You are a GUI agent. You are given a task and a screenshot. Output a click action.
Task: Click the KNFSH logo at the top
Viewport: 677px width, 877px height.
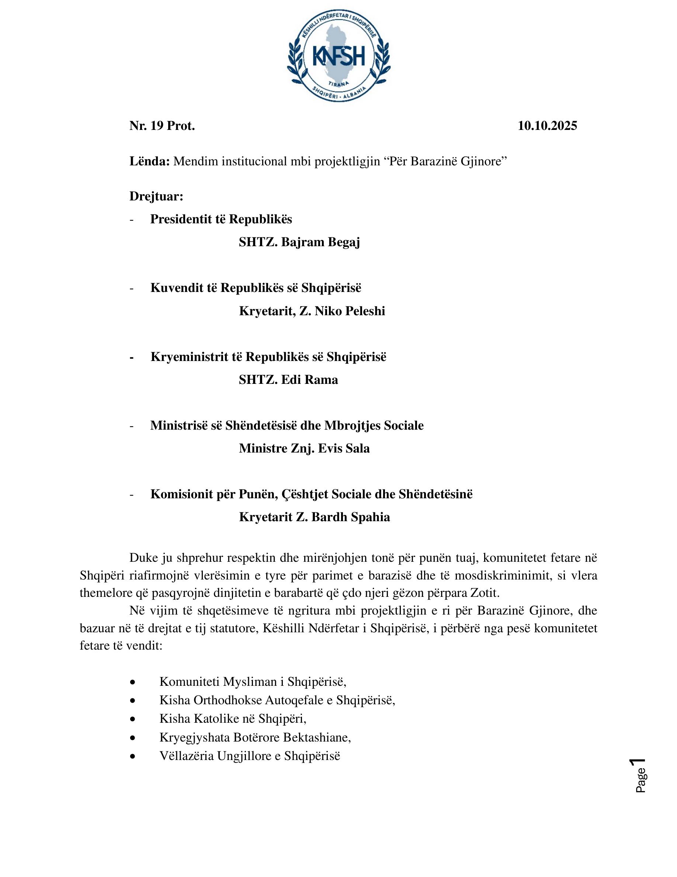click(x=339, y=56)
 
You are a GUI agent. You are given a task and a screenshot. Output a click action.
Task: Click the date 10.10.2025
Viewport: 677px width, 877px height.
click(x=547, y=126)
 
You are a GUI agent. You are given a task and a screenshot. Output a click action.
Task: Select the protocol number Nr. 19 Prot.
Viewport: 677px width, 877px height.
click(x=162, y=126)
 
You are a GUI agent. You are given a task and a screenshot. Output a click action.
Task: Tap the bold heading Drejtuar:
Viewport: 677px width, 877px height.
click(x=156, y=196)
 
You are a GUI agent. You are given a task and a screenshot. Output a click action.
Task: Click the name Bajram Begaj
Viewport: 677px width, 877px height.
click(x=320, y=242)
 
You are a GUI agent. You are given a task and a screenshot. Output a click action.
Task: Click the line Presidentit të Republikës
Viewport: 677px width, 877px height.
click(x=221, y=219)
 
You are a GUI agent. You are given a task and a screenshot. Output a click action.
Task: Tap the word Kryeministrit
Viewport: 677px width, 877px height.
click(x=189, y=357)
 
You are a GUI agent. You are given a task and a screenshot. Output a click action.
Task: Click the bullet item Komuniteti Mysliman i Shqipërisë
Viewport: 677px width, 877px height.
click(x=253, y=682)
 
